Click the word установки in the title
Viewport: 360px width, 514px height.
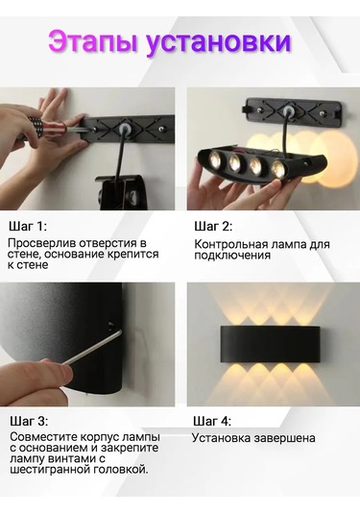click(x=220, y=42)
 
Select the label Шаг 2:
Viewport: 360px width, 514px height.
click(x=212, y=227)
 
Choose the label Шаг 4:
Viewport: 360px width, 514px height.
click(x=212, y=421)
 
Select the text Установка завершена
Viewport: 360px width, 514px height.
click(x=253, y=438)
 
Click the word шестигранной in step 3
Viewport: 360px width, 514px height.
click(x=48, y=470)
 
